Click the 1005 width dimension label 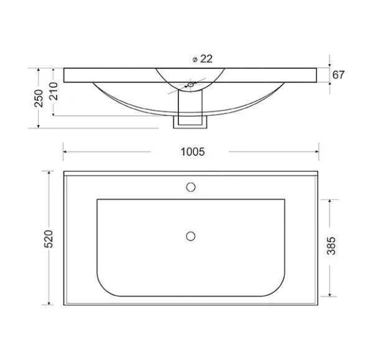point(193,152)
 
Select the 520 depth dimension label point(48,239)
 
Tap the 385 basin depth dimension point(331,246)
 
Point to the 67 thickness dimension point(338,75)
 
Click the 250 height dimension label point(39,98)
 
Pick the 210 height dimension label point(53,91)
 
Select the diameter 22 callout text point(203,59)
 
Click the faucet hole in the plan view point(191,187)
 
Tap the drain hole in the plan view point(191,236)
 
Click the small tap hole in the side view point(191,85)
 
